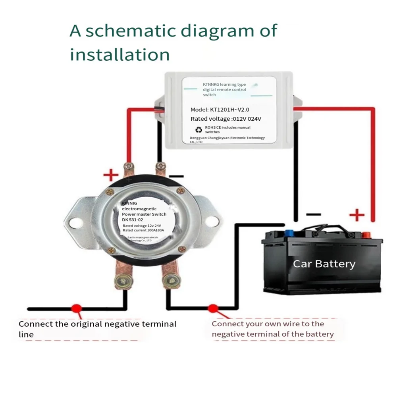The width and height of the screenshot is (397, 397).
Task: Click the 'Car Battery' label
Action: tap(324, 264)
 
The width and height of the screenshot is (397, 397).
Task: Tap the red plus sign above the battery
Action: tap(357, 216)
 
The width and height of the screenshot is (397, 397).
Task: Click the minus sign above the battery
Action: tap(314, 215)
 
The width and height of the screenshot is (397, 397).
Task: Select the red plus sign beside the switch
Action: tap(111, 175)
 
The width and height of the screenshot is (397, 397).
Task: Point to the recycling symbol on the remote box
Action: tap(198, 129)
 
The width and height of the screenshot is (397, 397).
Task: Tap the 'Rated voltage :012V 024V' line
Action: tap(226, 119)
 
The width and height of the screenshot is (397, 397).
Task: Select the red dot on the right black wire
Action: tap(213, 308)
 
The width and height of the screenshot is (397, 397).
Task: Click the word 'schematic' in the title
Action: tap(133, 31)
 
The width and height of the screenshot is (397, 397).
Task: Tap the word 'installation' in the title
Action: tap(120, 54)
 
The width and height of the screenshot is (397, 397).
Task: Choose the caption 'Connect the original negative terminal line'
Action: tap(97, 329)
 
